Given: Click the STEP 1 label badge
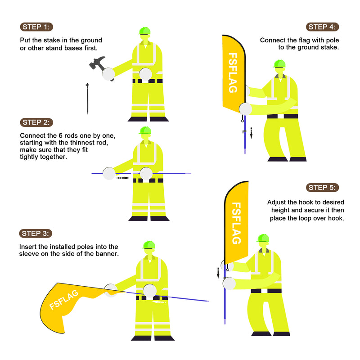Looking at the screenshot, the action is point(36,27).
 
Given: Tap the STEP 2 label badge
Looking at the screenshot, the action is point(36,122).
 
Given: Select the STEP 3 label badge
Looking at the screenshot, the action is point(36,234).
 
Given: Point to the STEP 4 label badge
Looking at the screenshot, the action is point(322,27).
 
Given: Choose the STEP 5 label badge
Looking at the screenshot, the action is point(322,188).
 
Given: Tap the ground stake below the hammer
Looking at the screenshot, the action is point(87,99).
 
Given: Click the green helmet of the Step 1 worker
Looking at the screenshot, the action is point(144,31).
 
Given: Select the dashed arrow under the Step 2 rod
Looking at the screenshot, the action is point(123,178).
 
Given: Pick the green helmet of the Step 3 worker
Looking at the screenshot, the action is point(149,245).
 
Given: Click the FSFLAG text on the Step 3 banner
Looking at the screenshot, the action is point(64,300).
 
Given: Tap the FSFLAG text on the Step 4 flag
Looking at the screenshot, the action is point(233,73).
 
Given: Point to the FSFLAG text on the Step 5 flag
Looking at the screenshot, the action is point(236,223).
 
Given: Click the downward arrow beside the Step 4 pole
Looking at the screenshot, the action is point(251,133).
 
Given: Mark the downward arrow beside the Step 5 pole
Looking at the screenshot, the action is point(218,273).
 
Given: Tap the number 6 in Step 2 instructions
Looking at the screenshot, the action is point(61,135).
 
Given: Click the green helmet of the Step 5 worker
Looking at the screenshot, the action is point(263,238).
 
